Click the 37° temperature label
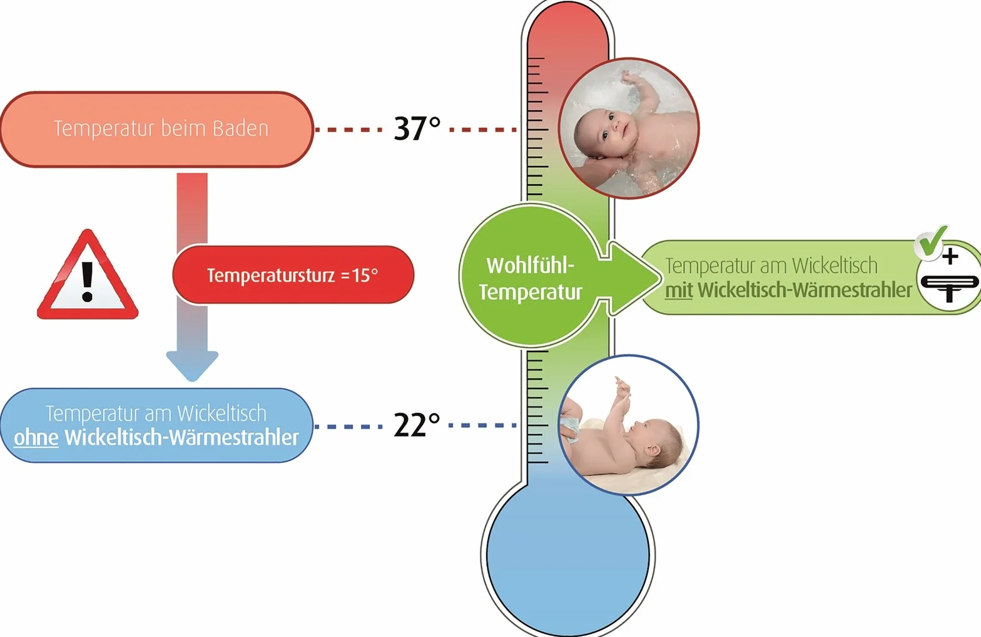click(417, 128)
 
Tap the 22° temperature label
click(417, 425)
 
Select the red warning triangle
click(88, 275)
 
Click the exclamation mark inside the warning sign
click(88, 281)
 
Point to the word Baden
click(240, 128)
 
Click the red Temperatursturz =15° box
click(293, 275)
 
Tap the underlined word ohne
click(36, 437)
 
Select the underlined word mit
click(678, 290)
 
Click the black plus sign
click(950, 256)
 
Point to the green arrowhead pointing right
click(637, 277)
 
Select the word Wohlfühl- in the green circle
click(530, 265)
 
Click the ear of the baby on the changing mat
click(653, 451)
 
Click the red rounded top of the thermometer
click(567, 26)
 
